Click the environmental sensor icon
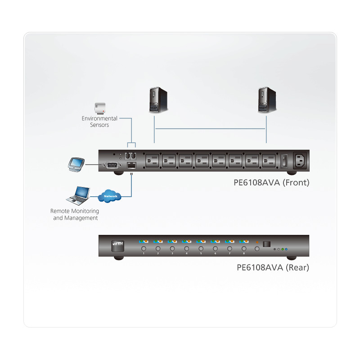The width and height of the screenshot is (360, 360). point(99,108)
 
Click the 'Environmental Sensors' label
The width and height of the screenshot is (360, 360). point(99,121)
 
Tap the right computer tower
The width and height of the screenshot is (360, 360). point(265,100)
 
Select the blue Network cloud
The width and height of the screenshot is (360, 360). point(110,196)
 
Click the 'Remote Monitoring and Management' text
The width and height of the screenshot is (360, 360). point(75,214)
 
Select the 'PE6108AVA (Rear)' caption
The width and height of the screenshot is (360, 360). point(273,268)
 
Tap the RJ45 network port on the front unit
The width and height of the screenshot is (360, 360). point(130,165)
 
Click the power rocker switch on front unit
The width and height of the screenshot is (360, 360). point(284,161)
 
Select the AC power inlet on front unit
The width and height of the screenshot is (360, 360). point(301,161)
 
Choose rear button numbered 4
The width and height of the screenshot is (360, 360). point(186,248)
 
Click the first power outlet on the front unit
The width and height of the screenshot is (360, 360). point(152,161)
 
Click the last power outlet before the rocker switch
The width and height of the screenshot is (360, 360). point(269,161)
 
